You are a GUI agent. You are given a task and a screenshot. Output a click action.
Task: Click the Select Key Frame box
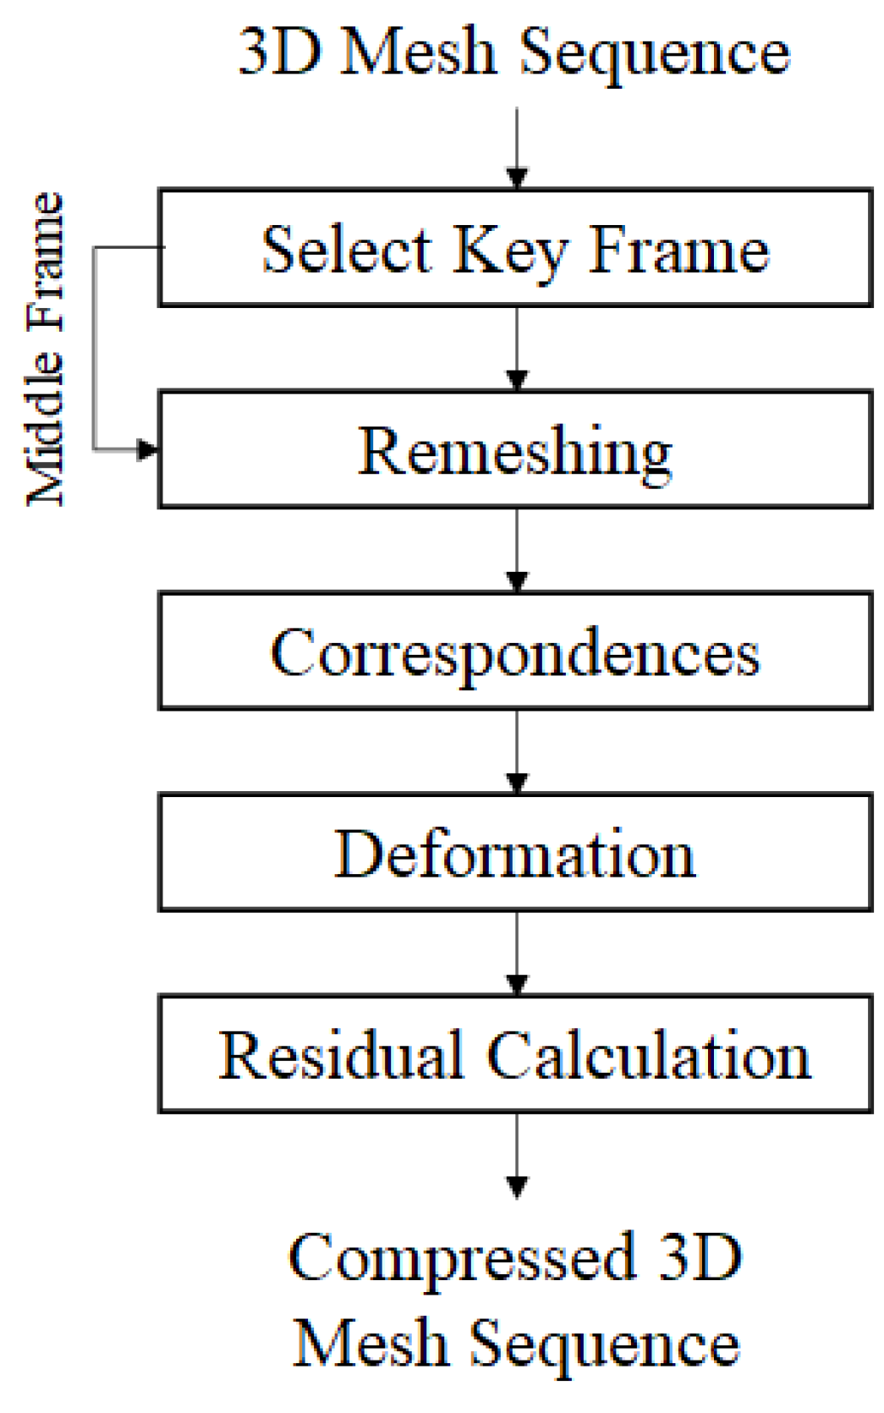click(x=514, y=247)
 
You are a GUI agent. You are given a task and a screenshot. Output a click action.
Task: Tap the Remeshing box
click(x=514, y=449)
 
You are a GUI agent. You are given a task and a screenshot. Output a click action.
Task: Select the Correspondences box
click(x=514, y=652)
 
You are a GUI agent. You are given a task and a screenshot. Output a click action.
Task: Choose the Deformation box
click(x=514, y=853)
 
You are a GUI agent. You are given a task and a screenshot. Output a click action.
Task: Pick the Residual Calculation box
click(x=514, y=1054)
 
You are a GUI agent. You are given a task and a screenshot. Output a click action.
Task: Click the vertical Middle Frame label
click(x=44, y=349)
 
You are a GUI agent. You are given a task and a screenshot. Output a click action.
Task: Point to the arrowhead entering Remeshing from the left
click(x=148, y=449)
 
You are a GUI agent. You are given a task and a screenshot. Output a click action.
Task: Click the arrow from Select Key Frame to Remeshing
click(x=517, y=349)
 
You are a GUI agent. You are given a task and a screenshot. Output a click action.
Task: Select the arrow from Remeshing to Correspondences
click(x=517, y=550)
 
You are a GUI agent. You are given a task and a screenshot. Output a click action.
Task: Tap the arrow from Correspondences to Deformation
click(x=517, y=751)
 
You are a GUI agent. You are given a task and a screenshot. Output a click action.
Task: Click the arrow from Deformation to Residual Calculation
click(x=517, y=954)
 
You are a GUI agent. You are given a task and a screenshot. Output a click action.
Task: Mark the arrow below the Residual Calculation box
click(x=517, y=1155)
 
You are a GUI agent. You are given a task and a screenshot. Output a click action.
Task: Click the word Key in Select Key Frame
click(x=508, y=250)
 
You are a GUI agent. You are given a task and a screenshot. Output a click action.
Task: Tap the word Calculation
click(x=649, y=1056)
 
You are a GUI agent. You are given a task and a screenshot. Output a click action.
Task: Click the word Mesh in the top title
click(x=418, y=52)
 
